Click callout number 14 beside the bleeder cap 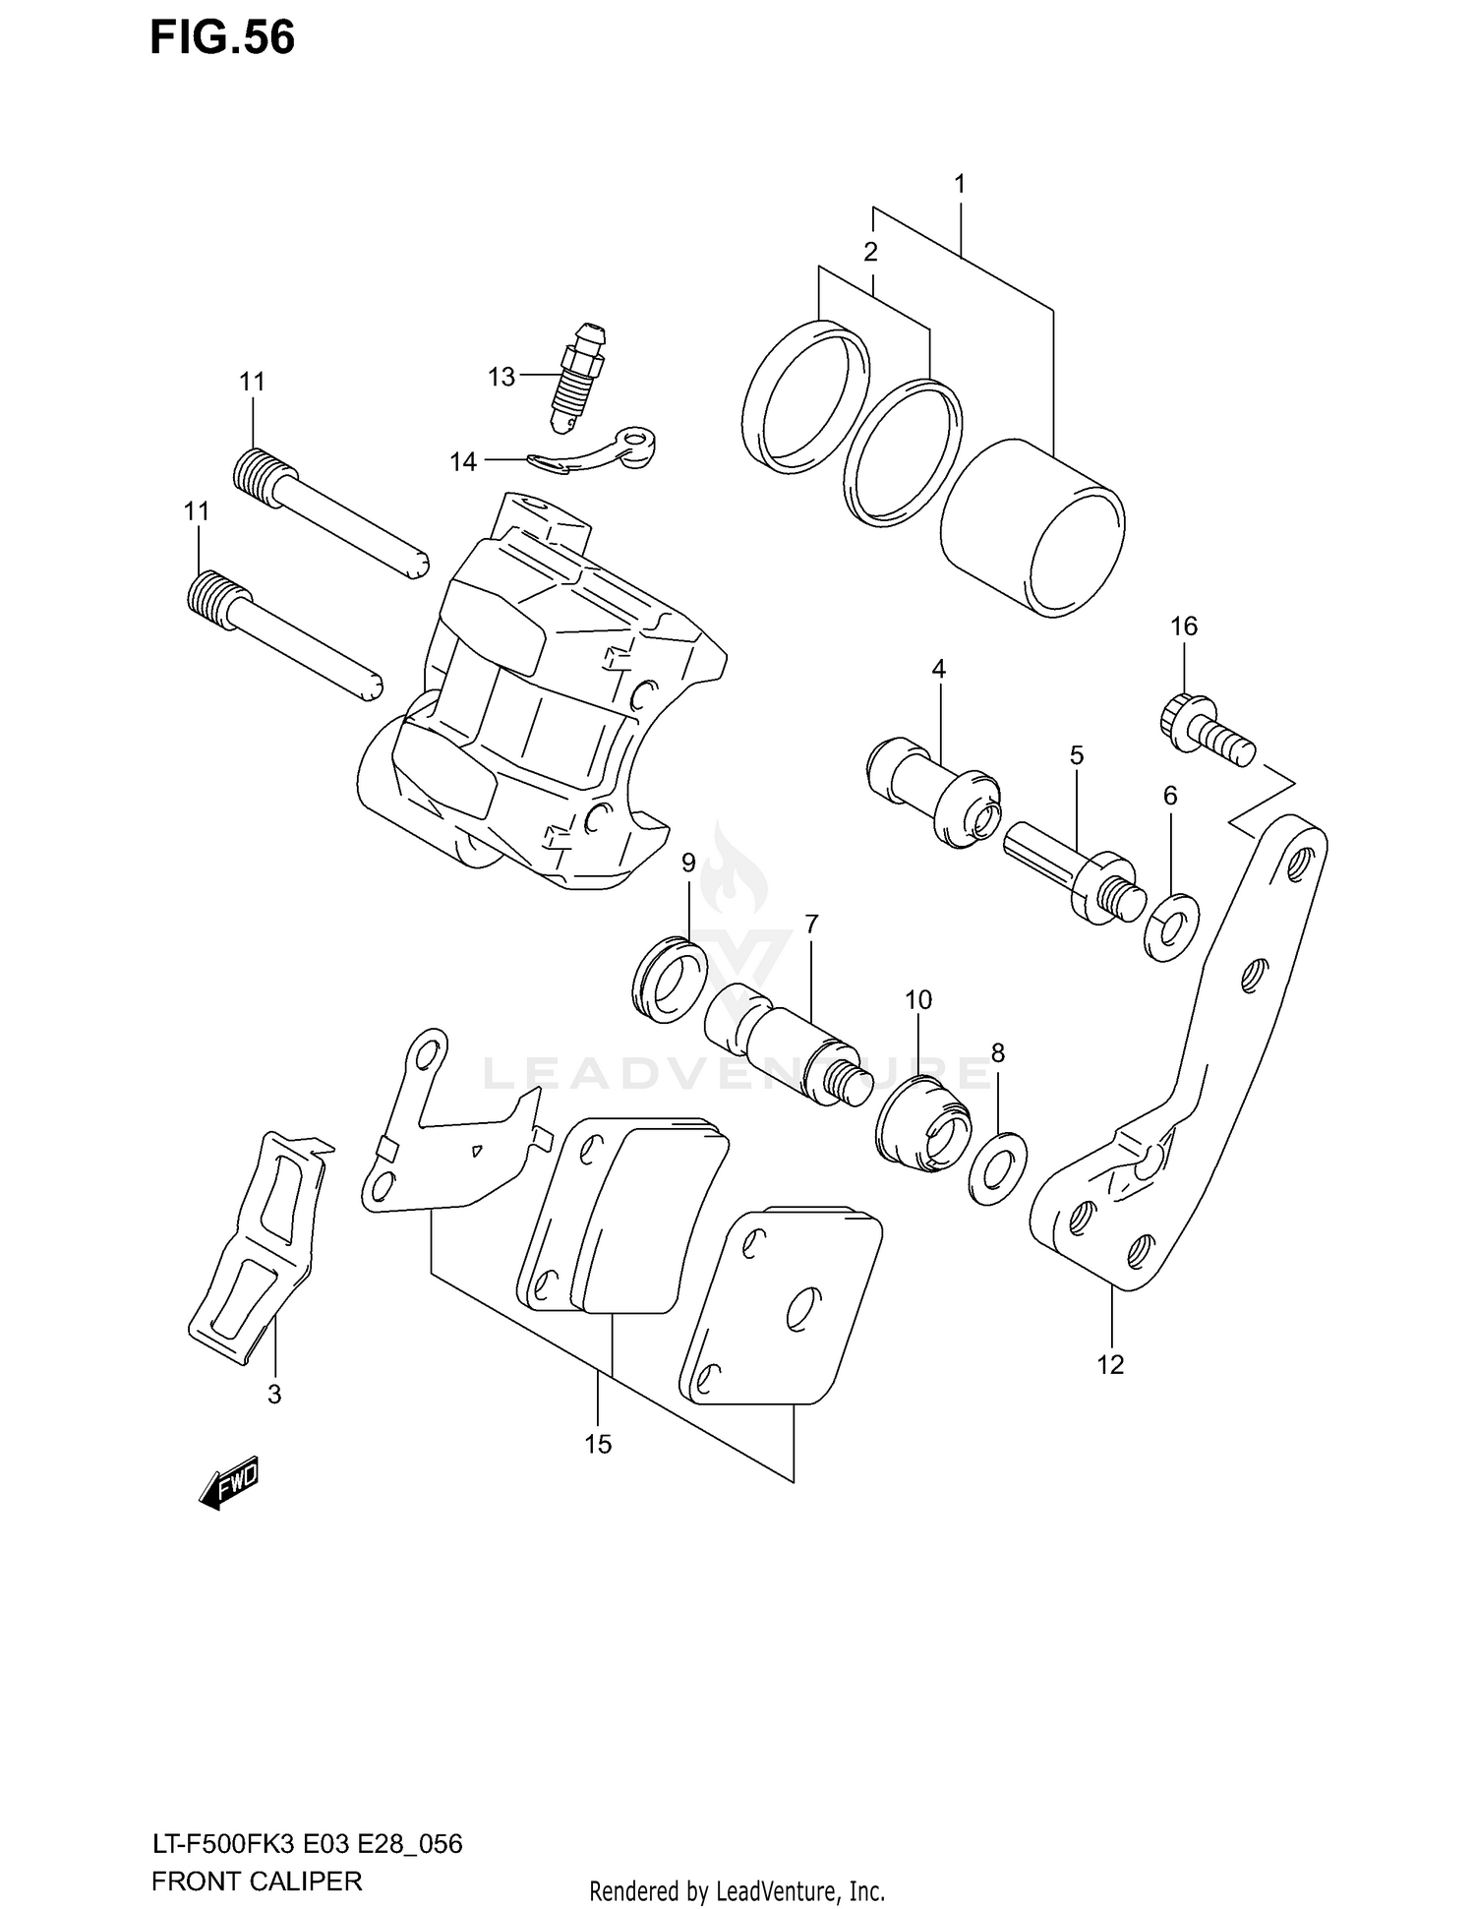click(463, 461)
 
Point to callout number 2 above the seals click(870, 252)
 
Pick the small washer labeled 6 click(1172, 925)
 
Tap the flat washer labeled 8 click(997, 1162)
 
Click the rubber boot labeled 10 click(923, 1126)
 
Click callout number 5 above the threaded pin click(1077, 755)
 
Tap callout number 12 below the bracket click(1110, 1364)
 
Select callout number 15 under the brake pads click(598, 1444)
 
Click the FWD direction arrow click(228, 1481)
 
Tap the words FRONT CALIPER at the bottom click(257, 1881)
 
